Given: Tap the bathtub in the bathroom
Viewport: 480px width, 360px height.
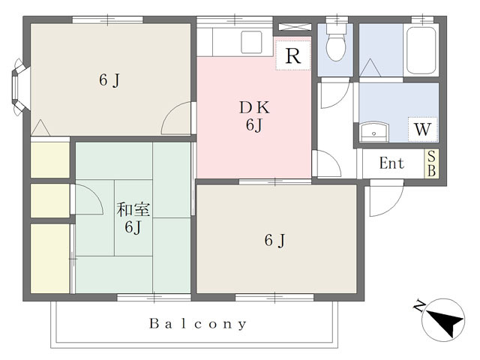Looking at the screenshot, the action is click(x=421, y=50).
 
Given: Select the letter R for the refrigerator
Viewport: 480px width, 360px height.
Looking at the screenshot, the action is click(x=293, y=55).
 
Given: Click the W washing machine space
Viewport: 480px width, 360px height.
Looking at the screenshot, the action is click(x=423, y=129).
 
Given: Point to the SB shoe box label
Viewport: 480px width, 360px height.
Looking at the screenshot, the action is click(x=431, y=163).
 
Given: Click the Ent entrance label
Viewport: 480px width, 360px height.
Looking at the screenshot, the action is click(x=391, y=163).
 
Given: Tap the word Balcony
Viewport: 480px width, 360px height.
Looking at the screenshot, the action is click(x=198, y=324).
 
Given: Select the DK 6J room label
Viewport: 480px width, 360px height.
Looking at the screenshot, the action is click(x=254, y=116).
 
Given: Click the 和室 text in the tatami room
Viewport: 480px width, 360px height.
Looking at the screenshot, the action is click(x=133, y=210).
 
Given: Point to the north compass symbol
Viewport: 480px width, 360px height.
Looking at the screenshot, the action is click(x=443, y=320).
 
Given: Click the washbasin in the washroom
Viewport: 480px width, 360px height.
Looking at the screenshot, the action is click(x=373, y=132).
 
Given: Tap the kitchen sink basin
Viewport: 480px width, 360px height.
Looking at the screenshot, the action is click(x=251, y=42).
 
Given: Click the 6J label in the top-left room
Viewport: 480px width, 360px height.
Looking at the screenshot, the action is click(x=109, y=80).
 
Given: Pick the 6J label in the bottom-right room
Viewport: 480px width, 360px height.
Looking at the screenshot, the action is click(x=274, y=240).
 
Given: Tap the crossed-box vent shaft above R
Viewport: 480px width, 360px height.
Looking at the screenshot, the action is click(x=293, y=27).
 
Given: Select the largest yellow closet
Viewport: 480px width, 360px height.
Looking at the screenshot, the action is click(x=50, y=259).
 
